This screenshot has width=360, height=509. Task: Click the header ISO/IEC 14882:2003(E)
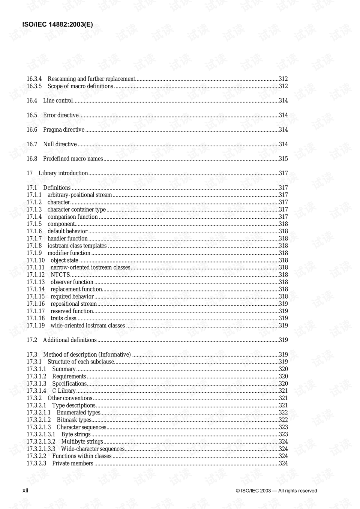click(x=58, y=25)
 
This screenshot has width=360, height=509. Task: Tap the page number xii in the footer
click(x=25, y=491)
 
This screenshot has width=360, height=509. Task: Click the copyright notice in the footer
click(x=276, y=491)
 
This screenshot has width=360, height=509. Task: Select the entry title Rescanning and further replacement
click(x=91, y=79)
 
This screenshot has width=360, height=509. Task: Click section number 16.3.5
click(x=34, y=86)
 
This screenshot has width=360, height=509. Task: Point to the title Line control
click(x=58, y=101)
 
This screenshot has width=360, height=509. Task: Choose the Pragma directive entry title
click(x=64, y=130)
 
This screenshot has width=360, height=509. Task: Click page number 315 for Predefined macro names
click(x=283, y=159)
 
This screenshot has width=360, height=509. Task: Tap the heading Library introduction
click(x=63, y=173)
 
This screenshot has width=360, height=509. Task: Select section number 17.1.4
click(x=34, y=217)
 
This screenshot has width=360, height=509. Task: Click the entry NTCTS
click(x=60, y=275)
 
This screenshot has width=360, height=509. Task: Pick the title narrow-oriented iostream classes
click(x=90, y=267)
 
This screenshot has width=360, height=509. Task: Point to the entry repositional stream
click(x=73, y=304)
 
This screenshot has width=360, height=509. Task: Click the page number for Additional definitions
click(x=283, y=340)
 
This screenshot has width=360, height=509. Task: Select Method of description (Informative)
click(x=87, y=354)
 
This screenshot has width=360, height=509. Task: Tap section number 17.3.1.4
click(x=36, y=391)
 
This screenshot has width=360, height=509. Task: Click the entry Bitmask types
click(x=74, y=420)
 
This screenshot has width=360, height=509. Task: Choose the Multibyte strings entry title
click(x=82, y=441)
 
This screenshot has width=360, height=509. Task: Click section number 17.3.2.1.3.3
click(x=41, y=449)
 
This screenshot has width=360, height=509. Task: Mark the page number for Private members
click(x=283, y=464)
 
